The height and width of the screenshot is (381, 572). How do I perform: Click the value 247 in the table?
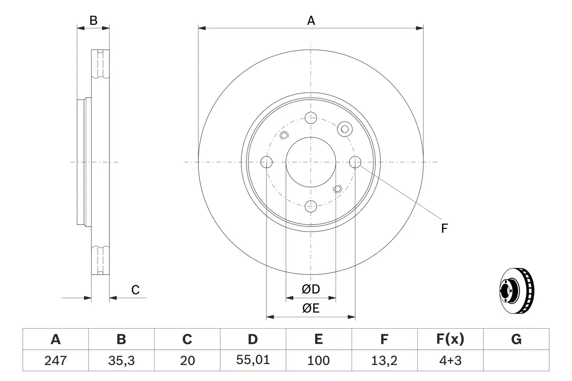coord(55,360)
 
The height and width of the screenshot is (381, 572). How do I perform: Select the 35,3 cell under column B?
coord(121,360)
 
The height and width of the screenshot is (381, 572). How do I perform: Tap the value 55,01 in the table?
coord(252,360)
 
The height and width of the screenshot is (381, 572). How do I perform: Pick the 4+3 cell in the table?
coord(450,360)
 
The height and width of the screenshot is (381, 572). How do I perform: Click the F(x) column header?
coord(450,339)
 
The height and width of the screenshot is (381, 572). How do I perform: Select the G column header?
coord(516,339)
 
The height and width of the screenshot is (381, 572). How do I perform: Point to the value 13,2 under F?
coord(384,360)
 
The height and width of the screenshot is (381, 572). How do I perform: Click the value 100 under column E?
coord(318,360)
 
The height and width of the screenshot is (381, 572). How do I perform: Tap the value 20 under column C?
coord(187,360)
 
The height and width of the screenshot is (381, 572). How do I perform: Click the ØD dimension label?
coord(311,289)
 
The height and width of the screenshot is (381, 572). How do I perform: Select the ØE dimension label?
coord(311,308)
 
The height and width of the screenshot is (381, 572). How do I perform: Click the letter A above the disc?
coord(311,20)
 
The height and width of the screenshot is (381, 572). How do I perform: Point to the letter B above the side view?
coord(93,20)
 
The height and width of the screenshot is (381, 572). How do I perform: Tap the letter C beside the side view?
coord(135,290)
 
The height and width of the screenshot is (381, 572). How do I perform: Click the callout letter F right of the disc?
coord(444,229)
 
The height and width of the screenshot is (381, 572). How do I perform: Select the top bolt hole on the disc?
coord(311,118)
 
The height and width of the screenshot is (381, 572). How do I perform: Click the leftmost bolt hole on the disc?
coord(266,162)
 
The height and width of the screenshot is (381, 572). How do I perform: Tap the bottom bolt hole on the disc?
coord(311,206)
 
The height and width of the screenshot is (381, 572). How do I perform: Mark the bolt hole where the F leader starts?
coord(355,162)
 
